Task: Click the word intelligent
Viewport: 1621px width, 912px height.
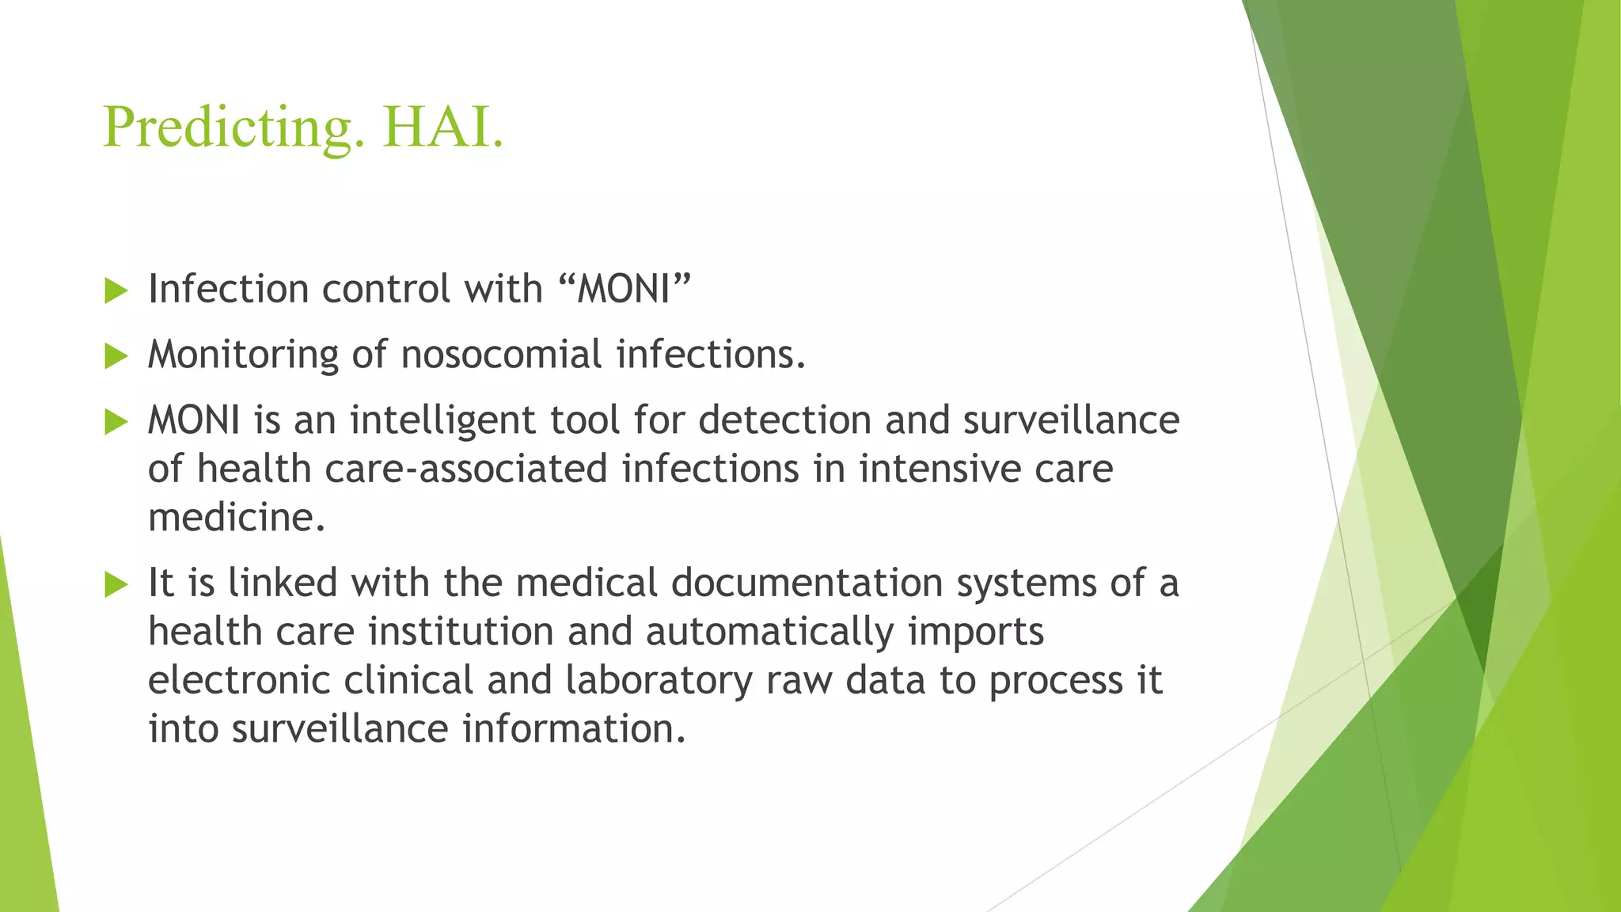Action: (443, 420)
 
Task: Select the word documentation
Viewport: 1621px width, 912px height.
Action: (807, 583)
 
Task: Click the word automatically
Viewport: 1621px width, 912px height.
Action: (770, 632)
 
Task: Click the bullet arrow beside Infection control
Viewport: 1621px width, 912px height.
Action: (116, 291)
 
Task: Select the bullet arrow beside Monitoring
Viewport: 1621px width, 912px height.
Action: (116, 356)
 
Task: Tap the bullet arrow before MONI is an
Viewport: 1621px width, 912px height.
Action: (116, 422)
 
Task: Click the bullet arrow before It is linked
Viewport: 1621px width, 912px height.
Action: (116, 585)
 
